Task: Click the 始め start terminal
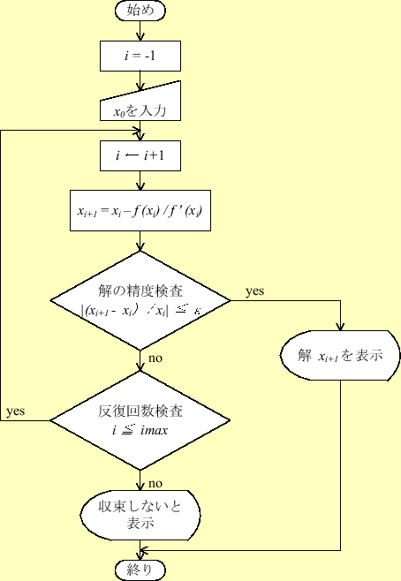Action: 140,11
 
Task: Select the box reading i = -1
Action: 140,57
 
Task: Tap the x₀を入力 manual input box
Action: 140,106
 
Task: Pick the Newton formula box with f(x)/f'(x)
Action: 140,212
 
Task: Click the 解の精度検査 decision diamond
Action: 140,300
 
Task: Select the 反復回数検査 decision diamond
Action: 140,421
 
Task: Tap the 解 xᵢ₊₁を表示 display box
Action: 341,356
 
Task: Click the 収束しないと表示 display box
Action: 140,514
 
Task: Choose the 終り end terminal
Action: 140,570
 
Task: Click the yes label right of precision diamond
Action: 255,290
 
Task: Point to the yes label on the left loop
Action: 16,411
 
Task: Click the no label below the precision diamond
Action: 155,358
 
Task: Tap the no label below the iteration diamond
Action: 155,483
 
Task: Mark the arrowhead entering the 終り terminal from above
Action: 140,555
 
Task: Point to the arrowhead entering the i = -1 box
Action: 140,39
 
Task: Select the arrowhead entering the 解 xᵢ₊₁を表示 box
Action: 341,328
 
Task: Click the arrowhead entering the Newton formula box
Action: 140,186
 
